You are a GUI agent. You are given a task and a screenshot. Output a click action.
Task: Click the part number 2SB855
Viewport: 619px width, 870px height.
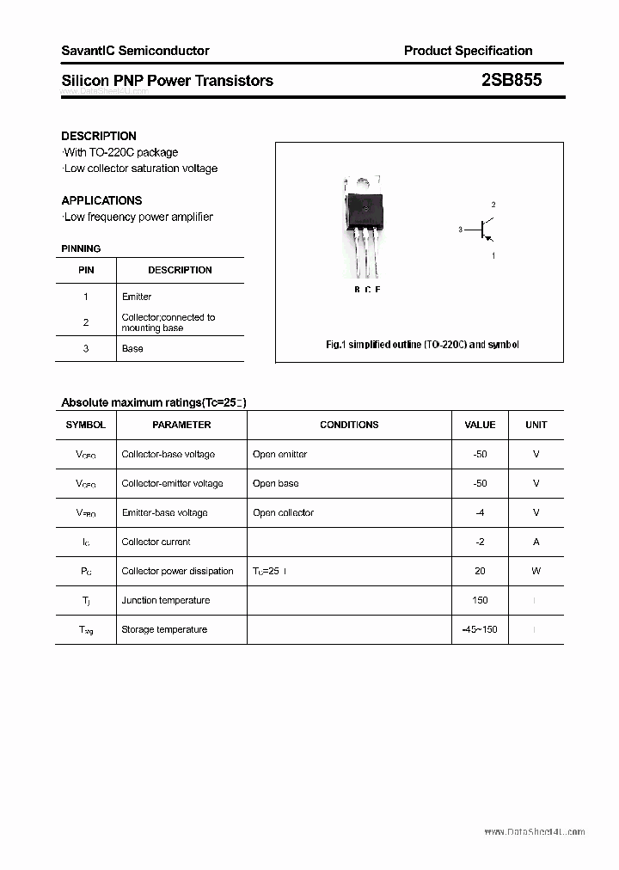512,80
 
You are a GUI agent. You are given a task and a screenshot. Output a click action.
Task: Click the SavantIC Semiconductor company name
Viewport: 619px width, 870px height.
135,51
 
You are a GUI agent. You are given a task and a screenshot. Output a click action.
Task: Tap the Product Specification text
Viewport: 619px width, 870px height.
468,51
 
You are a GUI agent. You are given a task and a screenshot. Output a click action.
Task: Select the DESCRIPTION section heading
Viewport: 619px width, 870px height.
99,136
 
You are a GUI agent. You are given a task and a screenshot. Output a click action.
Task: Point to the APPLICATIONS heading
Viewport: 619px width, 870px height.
101,200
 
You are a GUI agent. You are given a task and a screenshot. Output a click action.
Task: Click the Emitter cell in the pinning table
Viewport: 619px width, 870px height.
137,297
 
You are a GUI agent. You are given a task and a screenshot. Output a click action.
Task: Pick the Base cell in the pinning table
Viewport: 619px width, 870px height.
132,348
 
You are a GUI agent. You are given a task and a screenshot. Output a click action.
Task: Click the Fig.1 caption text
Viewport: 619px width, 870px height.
422,345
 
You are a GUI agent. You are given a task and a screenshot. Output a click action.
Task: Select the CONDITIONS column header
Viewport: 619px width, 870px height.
349,425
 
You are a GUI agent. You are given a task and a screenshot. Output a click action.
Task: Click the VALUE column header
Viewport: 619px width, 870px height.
480,425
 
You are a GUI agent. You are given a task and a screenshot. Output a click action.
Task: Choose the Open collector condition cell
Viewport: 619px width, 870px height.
283,512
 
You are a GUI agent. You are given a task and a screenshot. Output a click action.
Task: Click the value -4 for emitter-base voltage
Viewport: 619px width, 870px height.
480,512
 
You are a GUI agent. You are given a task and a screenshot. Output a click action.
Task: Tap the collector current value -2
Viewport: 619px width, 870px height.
480,542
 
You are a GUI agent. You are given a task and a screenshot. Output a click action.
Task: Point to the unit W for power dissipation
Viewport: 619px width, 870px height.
536,571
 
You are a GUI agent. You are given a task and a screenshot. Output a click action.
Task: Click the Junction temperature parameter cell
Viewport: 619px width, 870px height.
166,600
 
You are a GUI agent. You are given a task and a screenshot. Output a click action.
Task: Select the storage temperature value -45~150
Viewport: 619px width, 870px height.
480,629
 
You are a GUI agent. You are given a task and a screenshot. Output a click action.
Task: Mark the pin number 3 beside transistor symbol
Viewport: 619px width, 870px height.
461,230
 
